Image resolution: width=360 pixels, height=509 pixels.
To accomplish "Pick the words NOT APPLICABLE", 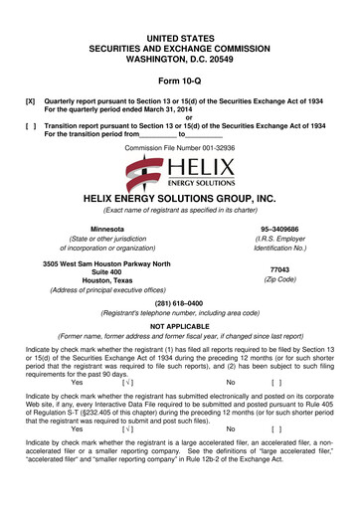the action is pyautogui.click(x=179, y=355).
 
